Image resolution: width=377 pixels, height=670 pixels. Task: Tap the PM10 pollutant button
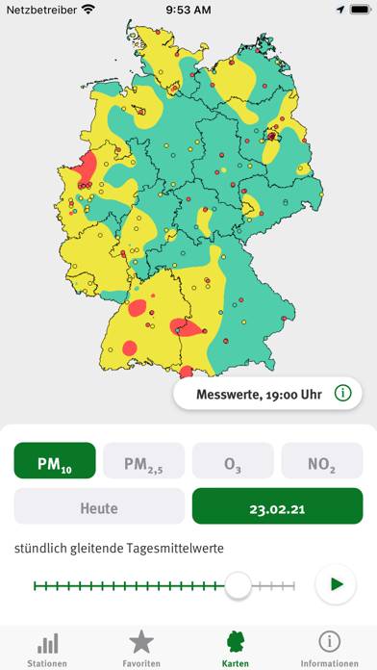(x=55, y=461)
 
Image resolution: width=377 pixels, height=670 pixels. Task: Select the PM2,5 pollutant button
(x=143, y=461)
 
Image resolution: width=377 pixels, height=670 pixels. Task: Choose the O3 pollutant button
(x=233, y=461)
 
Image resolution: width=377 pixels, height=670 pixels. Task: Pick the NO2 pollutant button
(x=322, y=461)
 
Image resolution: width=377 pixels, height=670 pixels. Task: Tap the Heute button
(x=99, y=506)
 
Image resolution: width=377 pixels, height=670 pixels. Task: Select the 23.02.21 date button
(x=277, y=506)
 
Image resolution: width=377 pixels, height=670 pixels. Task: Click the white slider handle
(x=238, y=584)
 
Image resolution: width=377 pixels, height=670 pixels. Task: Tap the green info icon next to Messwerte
(x=341, y=393)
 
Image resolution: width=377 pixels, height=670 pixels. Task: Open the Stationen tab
(x=47, y=648)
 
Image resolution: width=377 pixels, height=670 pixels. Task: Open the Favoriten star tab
(x=141, y=648)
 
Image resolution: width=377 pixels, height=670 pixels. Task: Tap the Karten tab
(x=236, y=648)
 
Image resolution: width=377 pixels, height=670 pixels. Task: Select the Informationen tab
(x=330, y=648)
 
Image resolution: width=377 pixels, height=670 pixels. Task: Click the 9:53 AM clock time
(x=188, y=10)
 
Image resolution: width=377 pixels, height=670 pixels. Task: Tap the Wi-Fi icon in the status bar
(x=88, y=10)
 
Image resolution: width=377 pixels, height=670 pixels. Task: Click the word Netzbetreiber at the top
(x=41, y=10)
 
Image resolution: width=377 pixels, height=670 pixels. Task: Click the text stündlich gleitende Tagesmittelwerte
(x=119, y=549)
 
